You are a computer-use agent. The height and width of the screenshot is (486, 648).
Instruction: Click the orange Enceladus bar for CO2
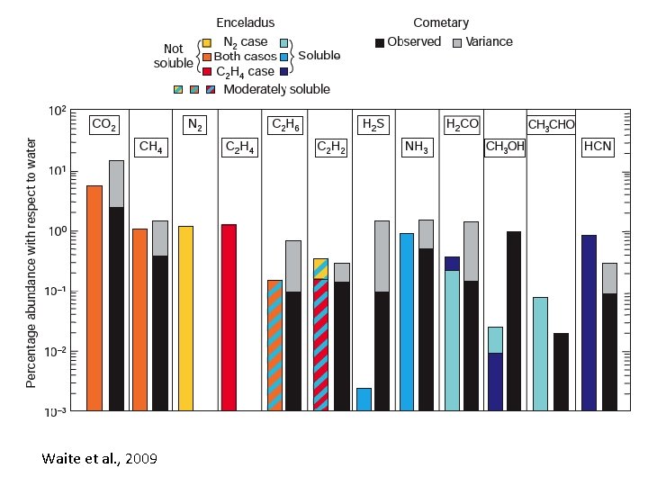point(94,298)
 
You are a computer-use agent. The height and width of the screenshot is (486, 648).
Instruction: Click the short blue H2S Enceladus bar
point(364,399)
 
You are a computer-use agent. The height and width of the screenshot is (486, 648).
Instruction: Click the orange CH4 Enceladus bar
point(139,319)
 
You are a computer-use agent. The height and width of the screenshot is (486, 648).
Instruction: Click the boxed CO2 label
point(104,126)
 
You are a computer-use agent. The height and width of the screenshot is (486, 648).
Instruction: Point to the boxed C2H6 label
point(284,126)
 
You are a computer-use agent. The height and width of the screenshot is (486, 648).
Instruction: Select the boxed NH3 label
point(417,147)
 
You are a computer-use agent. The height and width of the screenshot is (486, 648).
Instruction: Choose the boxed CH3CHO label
point(551,124)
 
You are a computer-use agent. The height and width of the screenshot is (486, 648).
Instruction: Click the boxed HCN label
point(598,147)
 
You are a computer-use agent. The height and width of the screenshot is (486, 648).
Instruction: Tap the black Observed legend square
point(380,42)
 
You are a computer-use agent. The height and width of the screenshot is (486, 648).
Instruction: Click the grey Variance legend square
point(458,42)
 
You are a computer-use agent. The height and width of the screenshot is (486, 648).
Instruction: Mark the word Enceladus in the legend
point(246,22)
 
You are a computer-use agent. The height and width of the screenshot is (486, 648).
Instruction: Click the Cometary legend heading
point(441,22)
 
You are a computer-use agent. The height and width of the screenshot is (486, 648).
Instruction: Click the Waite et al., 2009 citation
point(99,459)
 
